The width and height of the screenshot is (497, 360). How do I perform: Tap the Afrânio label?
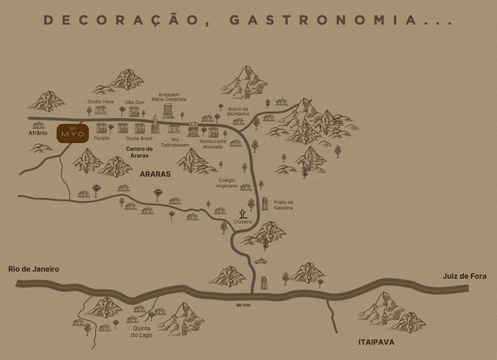point(38,133)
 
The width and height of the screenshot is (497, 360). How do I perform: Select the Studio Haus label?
point(100,102)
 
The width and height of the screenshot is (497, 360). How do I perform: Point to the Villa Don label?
point(135,102)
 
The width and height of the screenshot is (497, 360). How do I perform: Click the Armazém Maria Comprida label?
point(169,96)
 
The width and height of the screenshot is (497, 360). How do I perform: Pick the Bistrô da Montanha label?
point(229,111)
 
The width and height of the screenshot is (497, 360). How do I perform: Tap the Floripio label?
point(102,138)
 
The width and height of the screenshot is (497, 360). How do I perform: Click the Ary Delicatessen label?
point(174,142)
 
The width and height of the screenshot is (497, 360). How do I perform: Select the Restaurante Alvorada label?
point(213,144)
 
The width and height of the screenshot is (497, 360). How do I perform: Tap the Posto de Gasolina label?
point(283,205)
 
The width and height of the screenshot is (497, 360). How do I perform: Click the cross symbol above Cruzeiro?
point(243,213)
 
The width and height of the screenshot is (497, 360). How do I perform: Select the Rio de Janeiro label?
point(34,269)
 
